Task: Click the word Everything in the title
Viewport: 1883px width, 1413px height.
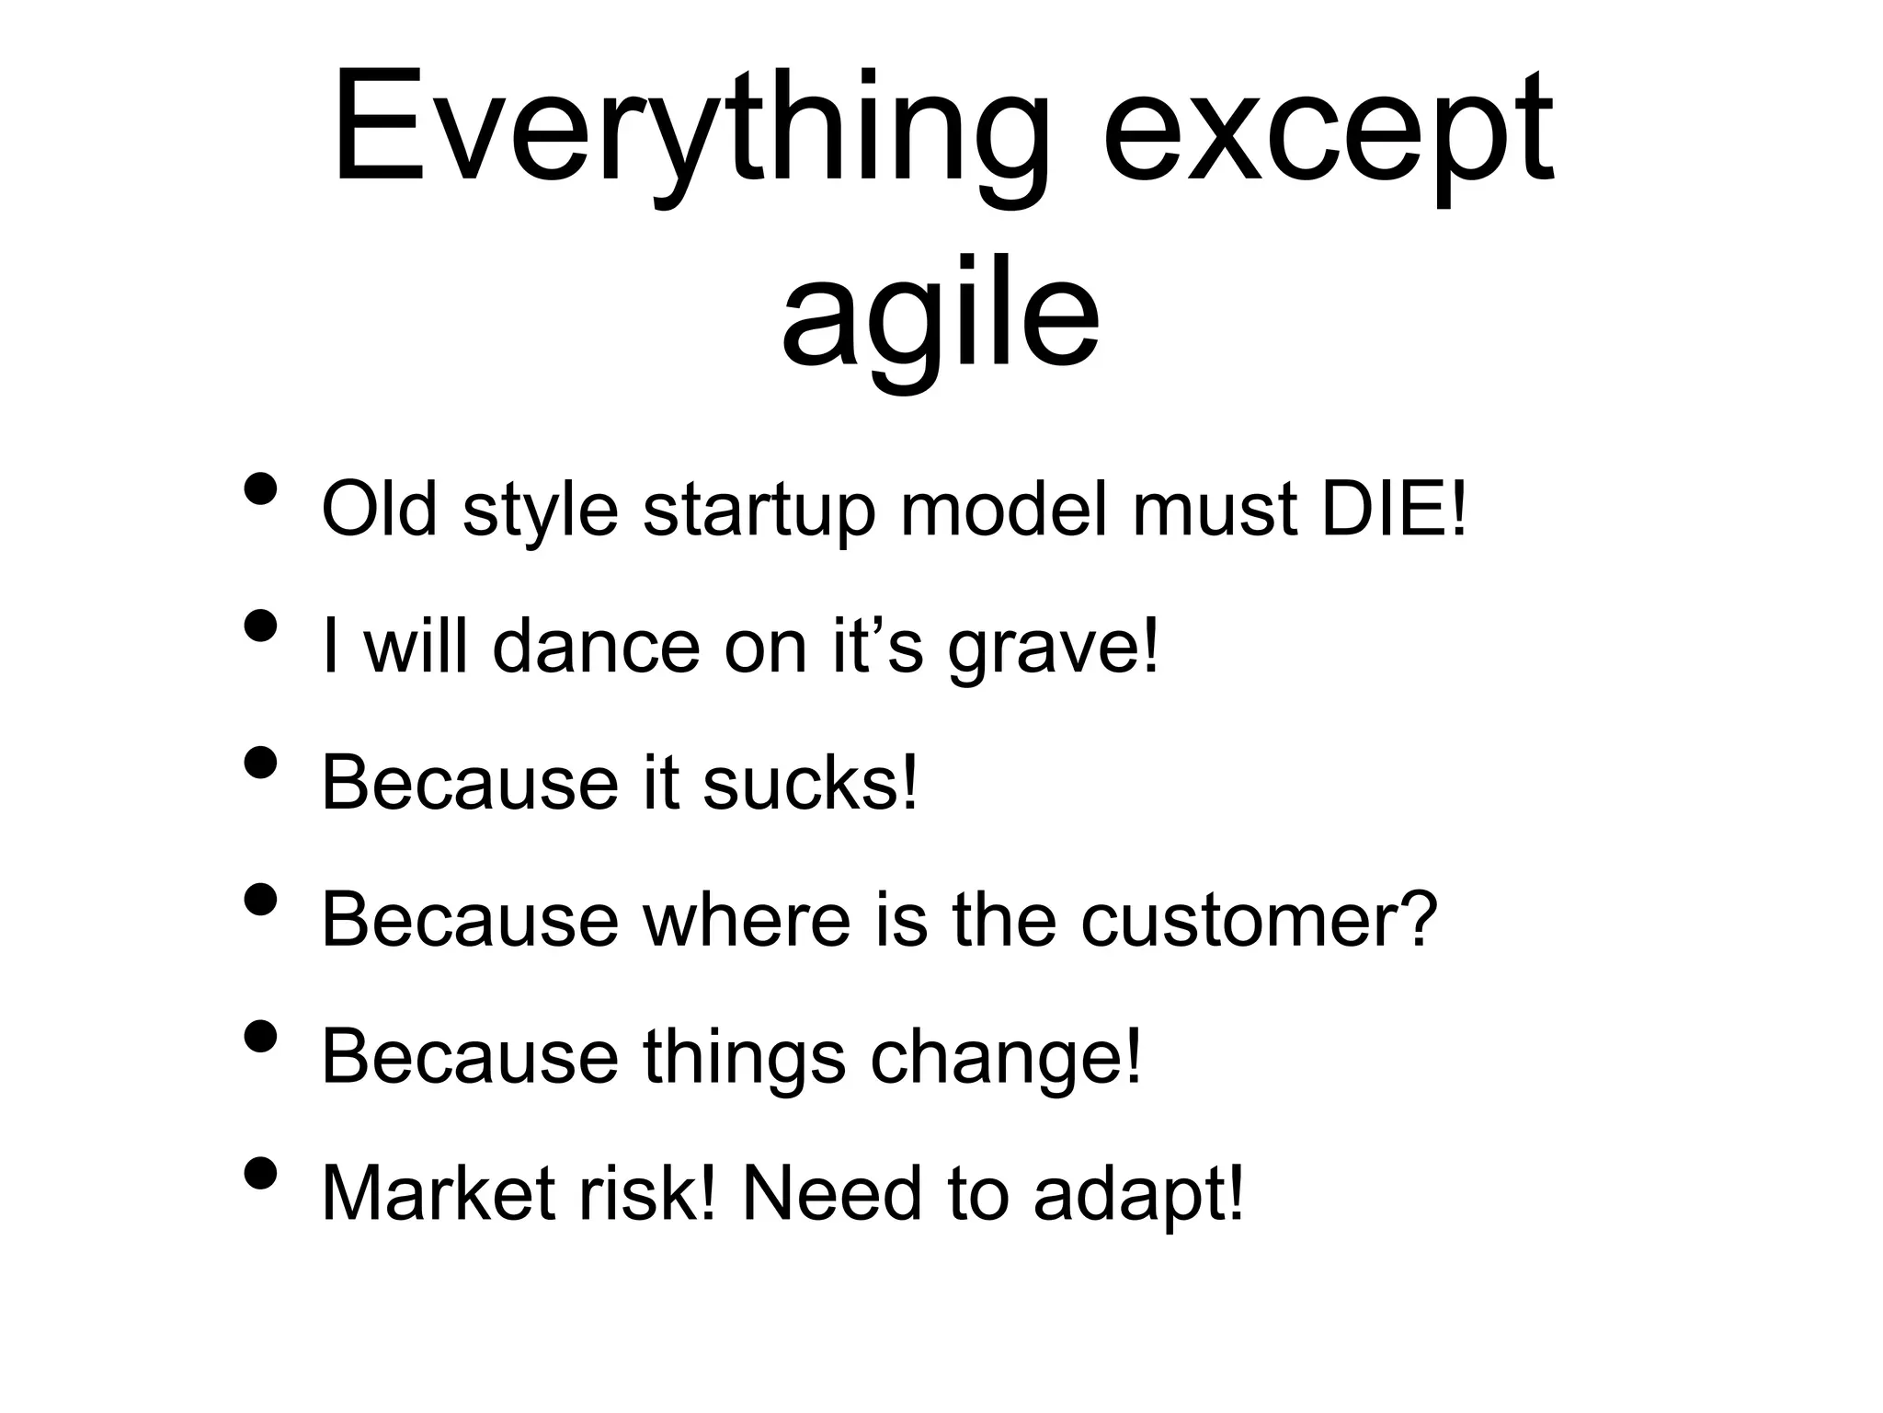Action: pos(690,129)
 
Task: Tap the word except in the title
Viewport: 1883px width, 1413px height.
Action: pos(1328,129)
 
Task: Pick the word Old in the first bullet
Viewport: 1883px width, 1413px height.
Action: pos(379,509)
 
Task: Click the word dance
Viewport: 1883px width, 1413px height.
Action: pos(596,646)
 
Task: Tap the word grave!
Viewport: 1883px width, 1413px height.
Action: pos(1054,648)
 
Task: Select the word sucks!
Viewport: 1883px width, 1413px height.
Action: pos(810,783)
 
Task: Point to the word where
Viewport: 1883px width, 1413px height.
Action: pos(747,920)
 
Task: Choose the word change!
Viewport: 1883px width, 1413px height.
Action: pos(1006,1057)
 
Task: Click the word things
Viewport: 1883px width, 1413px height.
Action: pos(744,1057)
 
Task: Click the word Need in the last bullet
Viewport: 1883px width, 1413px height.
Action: pos(830,1193)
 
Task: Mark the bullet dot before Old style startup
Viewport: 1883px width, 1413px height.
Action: pos(261,489)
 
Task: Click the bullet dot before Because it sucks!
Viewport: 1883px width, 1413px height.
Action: pos(261,763)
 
